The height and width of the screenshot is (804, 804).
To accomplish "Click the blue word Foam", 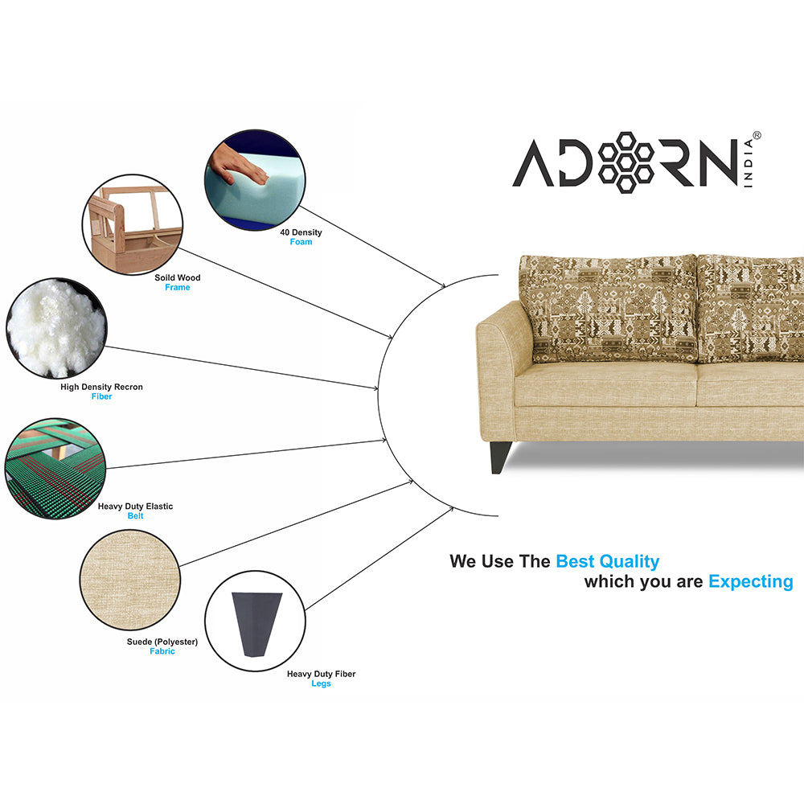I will click(301, 242).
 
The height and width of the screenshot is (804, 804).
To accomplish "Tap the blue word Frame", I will click(178, 288).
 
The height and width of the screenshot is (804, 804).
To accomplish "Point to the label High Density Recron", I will click(101, 387).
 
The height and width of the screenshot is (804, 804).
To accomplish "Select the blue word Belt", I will click(135, 516).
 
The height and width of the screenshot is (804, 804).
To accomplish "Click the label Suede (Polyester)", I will click(162, 642).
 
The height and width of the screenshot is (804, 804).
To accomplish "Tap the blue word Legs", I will click(321, 683).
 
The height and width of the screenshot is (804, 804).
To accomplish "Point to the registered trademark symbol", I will click(757, 137).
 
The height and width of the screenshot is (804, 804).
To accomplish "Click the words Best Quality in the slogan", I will click(607, 561).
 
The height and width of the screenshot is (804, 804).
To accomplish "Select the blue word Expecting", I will click(750, 581).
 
